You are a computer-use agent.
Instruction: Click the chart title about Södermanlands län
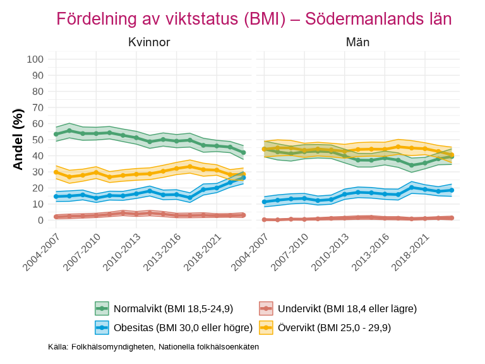254,19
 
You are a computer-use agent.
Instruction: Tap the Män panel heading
357,43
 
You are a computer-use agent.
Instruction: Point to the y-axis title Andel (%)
18,139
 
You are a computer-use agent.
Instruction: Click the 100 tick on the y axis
35,59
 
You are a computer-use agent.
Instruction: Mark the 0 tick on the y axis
40,220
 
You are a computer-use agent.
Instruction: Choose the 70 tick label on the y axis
38,107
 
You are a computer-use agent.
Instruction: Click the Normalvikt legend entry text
174,309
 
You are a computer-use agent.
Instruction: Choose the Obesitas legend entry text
183,327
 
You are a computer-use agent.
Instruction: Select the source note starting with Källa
153,347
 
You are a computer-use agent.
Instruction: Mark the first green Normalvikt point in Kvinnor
56,134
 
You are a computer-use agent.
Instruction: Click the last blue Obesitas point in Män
452,190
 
